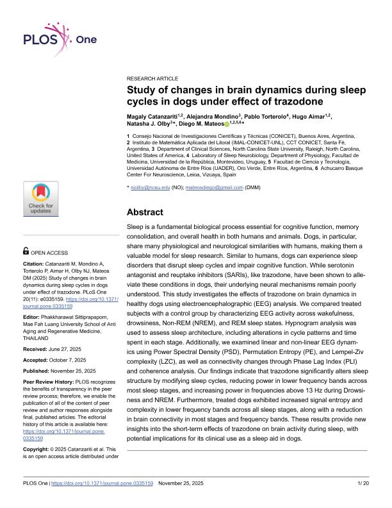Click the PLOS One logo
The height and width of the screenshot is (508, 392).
click(x=61, y=38)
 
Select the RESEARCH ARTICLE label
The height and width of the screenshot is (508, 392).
click(x=152, y=76)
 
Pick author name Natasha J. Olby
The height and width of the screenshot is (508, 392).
click(x=149, y=123)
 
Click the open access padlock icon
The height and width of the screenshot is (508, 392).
click(x=26, y=253)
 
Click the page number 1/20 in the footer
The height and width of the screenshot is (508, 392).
click(x=363, y=499)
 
